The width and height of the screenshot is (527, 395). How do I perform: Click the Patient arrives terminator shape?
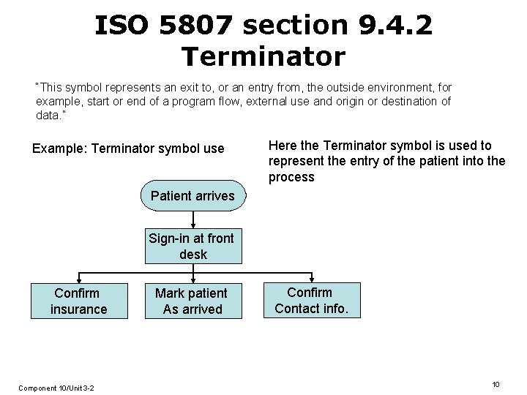click(x=193, y=195)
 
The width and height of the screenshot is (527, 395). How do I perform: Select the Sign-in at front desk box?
click(x=192, y=246)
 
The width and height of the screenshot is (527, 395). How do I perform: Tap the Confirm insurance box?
click(x=78, y=301)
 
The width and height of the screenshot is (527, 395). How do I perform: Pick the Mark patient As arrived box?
click(x=193, y=301)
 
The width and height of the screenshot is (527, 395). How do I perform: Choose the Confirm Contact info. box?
click(x=312, y=300)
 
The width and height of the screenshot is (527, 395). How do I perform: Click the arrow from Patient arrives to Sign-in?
click(x=193, y=219)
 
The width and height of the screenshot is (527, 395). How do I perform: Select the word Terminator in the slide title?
click(x=263, y=55)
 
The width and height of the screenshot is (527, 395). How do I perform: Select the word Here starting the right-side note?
click(x=283, y=146)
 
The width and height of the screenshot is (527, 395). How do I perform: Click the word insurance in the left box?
click(x=78, y=309)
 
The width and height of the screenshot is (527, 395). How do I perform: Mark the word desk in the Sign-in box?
click(x=193, y=255)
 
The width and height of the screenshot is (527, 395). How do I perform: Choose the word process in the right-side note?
click(x=291, y=177)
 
